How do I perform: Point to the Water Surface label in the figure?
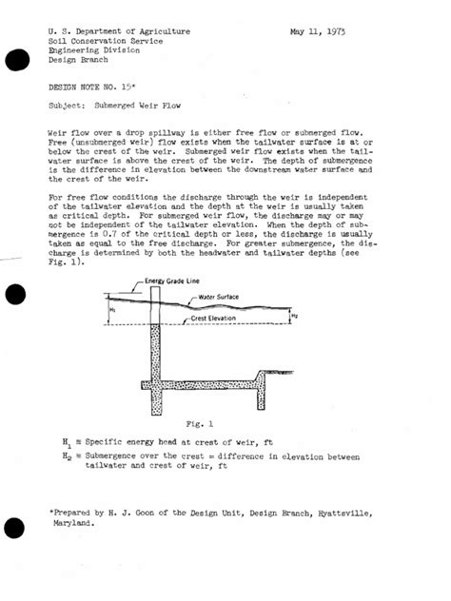point(219,297)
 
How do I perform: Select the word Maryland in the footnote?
point(72,522)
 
